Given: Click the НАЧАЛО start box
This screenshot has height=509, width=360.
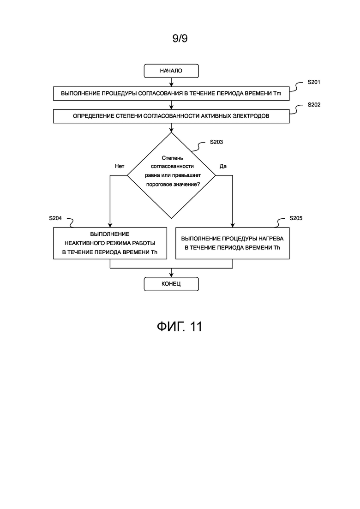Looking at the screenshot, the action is (171, 71).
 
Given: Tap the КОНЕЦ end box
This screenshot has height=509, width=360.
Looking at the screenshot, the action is (171, 284).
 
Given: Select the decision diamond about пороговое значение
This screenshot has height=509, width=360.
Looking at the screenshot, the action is (171, 175).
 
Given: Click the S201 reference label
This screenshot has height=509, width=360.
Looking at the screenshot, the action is (314, 82).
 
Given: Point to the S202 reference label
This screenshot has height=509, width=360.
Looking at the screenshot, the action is (314, 105).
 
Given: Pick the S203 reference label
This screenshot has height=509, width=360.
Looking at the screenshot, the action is (216, 142).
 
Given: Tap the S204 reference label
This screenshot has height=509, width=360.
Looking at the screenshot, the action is (55, 218).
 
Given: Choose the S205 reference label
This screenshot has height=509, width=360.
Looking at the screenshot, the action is (296, 218).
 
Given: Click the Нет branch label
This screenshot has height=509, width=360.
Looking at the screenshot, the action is (120, 166).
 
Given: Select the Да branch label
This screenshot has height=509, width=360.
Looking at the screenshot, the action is (223, 166).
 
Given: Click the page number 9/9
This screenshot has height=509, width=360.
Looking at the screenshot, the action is (180, 38).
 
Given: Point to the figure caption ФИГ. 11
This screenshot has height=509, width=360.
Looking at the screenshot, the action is (180, 326).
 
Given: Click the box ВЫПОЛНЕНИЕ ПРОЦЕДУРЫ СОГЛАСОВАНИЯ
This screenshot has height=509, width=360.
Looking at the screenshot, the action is (171, 94).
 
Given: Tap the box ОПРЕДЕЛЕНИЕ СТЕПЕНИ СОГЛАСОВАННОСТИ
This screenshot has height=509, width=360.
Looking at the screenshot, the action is (171, 116).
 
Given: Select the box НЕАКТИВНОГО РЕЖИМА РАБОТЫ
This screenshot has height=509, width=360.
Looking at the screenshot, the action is (110, 243).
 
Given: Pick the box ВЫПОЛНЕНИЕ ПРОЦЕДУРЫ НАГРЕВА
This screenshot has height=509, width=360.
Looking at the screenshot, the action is (233, 243).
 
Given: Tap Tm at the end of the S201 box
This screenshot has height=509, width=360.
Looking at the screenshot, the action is (277, 94).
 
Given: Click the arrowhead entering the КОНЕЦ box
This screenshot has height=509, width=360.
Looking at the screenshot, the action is (171, 275).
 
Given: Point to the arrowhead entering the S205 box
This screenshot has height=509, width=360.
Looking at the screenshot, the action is (233, 225).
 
